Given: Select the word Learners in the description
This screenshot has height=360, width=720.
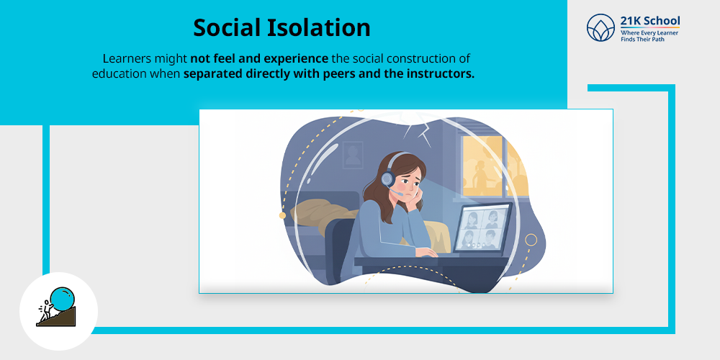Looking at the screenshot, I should tap(127, 58).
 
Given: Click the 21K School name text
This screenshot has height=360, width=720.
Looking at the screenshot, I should tap(649, 22).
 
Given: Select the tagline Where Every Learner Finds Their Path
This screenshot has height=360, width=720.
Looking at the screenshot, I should tap(649, 36).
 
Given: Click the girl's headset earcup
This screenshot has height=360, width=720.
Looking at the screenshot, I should tap(387, 178).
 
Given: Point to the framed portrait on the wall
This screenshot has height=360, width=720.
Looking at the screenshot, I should tap(352, 153).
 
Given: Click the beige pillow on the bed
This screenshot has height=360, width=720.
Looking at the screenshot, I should tap(320, 208).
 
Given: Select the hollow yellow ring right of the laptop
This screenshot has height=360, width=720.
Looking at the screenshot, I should tap(531, 239).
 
